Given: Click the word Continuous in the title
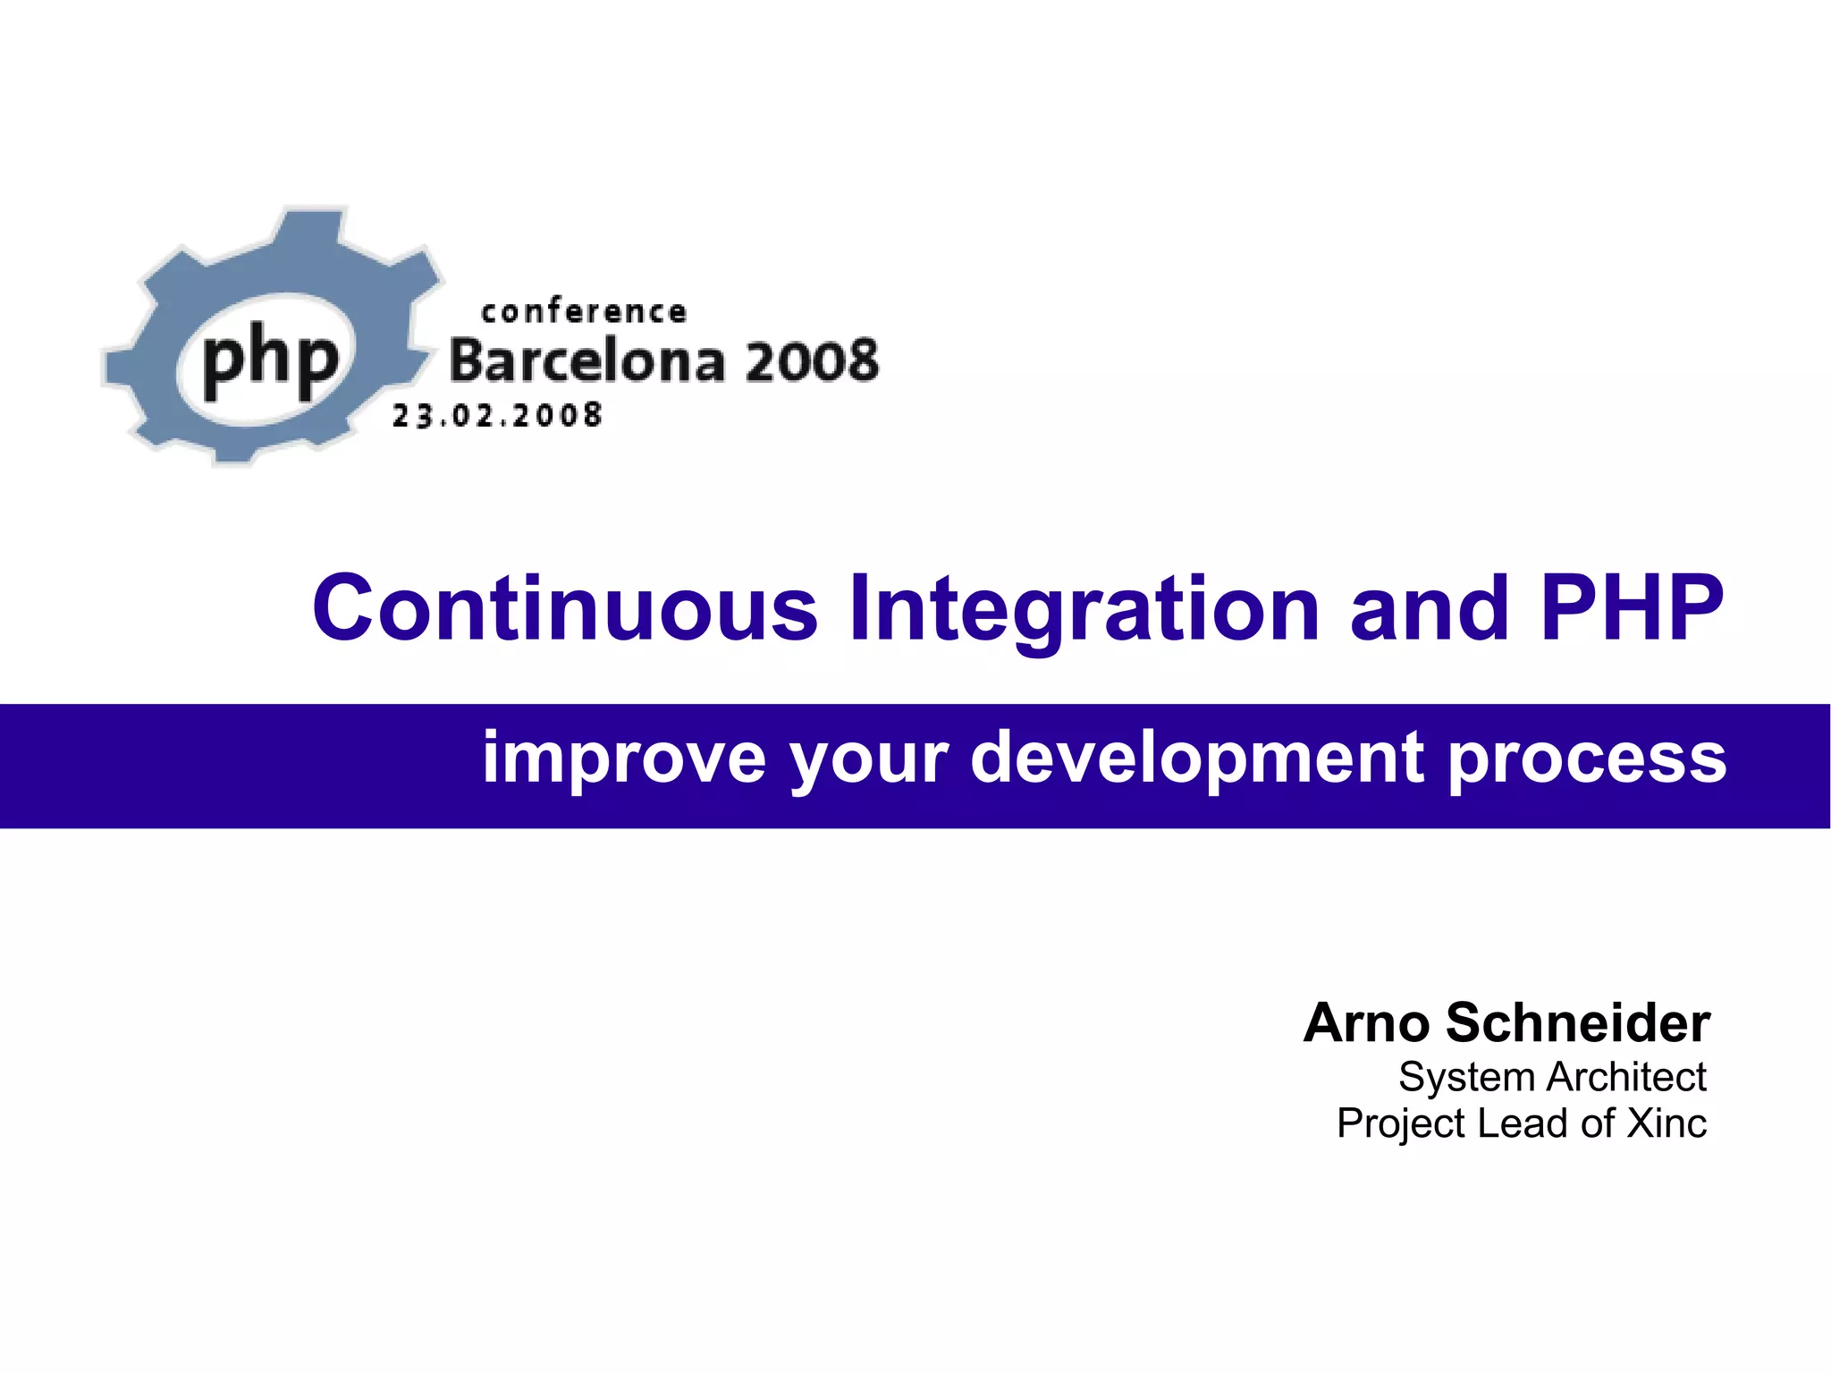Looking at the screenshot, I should [x=565, y=609].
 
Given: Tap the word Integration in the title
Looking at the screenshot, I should [x=1084, y=609].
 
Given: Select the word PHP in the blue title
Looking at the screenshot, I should [x=1633, y=609].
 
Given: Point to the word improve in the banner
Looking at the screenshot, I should [x=624, y=758].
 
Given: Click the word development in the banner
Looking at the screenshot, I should [x=1199, y=758].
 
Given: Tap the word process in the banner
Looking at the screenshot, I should [x=1587, y=758].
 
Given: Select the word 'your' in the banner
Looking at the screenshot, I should [x=868, y=758].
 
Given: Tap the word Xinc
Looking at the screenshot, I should [x=1666, y=1123].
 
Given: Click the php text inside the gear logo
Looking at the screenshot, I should [x=270, y=360].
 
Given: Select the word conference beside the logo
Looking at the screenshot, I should [x=584, y=312].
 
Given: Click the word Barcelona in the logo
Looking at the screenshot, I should [x=586, y=361].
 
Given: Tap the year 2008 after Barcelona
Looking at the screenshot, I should [x=812, y=361].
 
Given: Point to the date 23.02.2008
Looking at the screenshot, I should [x=497, y=416].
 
